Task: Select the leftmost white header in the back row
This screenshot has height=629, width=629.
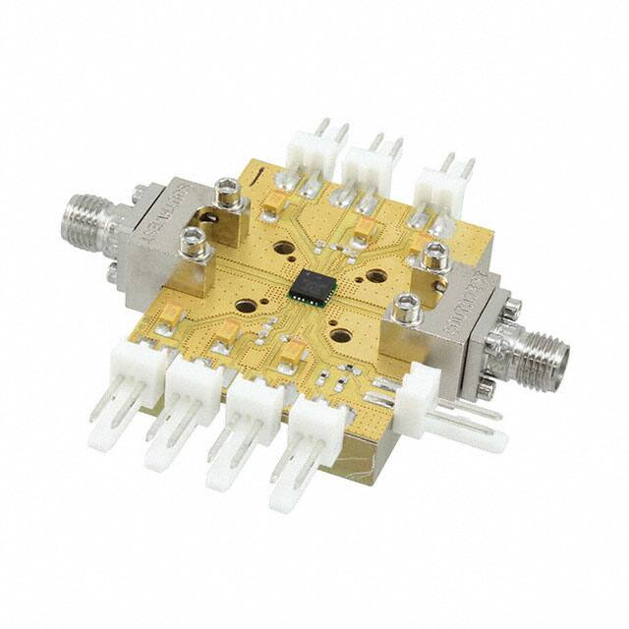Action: [x=313, y=152]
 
